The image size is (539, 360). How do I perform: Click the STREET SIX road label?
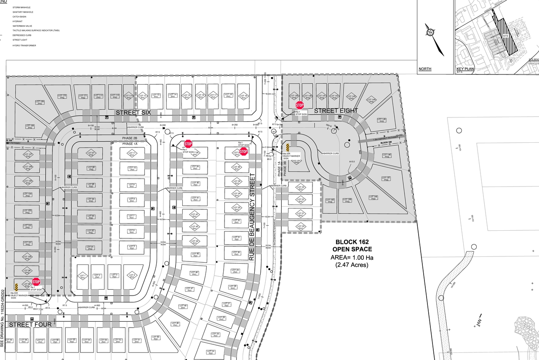point(133,113)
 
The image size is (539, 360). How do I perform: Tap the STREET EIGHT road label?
point(336,111)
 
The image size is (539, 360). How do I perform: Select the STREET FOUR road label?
point(30,325)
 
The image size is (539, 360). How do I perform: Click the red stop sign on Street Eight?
point(300,105)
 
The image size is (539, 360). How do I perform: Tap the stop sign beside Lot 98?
point(36,282)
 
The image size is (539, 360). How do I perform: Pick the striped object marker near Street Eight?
point(288,147)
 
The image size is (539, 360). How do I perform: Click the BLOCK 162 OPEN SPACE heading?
point(352,245)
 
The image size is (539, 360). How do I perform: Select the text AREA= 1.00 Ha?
point(352,257)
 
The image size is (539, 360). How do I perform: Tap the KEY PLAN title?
point(465,69)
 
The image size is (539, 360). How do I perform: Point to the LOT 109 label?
point(40,102)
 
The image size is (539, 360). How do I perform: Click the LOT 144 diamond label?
point(372,100)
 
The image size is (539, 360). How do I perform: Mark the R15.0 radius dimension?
point(352,161)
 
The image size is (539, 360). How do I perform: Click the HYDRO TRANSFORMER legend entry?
point(24,45)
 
